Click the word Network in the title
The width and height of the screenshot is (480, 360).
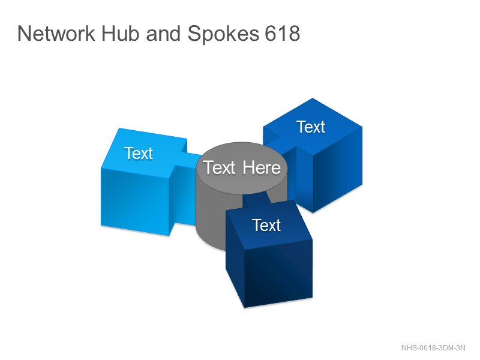click(56, 34)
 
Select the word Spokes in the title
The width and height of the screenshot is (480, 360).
click(223, 34)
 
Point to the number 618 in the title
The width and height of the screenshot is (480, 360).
click(282, 34)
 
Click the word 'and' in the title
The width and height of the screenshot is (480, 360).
click(163, 34)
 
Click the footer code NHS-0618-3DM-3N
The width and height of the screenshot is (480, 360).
click(433, 348)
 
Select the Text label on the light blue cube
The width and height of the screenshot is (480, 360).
click(139, 153)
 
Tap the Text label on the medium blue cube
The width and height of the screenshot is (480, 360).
click(310, 127)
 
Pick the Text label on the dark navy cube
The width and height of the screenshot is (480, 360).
click(266, 226)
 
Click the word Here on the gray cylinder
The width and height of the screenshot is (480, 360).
click(262, 168)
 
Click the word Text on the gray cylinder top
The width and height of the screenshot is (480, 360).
click(219, 168)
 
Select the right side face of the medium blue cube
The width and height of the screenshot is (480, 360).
click(337, 170)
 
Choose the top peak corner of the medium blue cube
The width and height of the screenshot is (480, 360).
click(313, 98)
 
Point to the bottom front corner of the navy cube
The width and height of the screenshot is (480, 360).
click(244, 307)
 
